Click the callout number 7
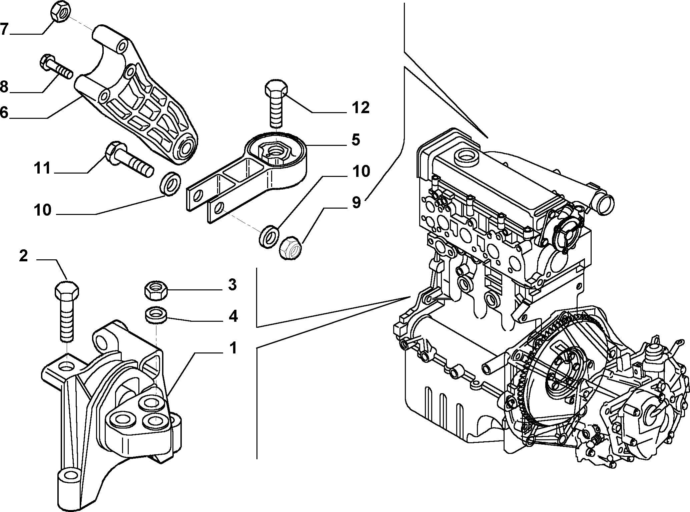(4, 29)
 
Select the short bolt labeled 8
(56, 67)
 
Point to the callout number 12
(360, 107)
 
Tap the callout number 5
(356, 140)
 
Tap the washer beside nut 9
(269, 236)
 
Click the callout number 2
(23, 257)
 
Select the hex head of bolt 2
(67, 291)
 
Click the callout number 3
(232, 285)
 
